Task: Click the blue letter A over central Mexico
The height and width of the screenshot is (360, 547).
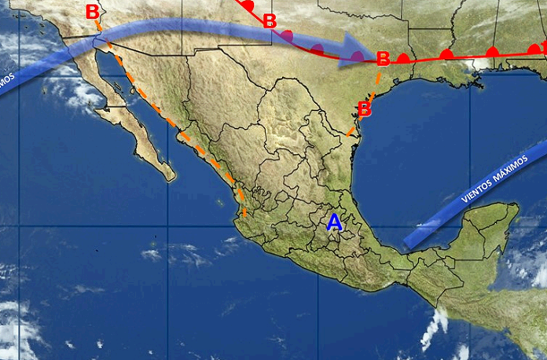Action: [335, 222]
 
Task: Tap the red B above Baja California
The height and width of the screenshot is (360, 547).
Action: [93, 12]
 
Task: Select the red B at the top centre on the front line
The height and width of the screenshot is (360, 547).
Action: [270, 20]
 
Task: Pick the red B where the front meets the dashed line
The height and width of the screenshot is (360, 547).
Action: [383, 59]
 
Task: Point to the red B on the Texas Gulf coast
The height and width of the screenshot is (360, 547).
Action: [364, 108]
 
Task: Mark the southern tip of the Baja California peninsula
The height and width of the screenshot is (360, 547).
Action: [168, 175]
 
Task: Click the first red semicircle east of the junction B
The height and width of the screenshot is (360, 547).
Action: [404, 57]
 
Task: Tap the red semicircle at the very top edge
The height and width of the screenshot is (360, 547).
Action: [249, 5]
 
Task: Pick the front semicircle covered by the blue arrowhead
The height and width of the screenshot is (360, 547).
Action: [357, 56]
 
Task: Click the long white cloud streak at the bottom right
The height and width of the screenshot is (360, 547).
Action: [433, 328]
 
